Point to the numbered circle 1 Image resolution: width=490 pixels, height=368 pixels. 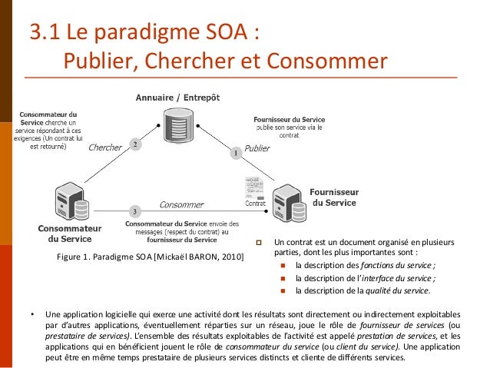point(237,154)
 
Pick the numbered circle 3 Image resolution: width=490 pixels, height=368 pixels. point(134,211)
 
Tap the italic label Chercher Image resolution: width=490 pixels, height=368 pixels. point(106,148)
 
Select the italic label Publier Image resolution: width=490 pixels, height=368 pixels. point(258,147)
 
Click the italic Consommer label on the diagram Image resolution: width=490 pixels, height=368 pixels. point(181,205)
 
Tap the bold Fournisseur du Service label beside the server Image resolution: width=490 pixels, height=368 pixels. point(333,197)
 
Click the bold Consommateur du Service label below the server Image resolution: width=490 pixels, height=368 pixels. point(70,234)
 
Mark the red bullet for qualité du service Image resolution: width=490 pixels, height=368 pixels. point(283,291)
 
